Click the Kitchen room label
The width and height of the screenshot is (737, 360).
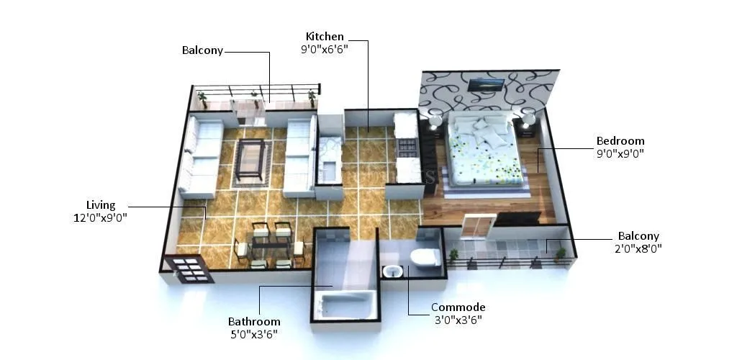(325, 37)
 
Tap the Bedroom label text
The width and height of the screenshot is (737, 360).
(620, 141)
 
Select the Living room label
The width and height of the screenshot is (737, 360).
(101, 205)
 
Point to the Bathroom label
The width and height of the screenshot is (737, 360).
(254, 322)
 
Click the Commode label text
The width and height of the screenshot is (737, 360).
(458, 307)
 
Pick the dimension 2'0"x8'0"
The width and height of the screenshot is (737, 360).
(638, 248)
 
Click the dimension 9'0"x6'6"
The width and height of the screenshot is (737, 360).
(325, 50)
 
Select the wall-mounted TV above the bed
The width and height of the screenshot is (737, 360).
(485, 85)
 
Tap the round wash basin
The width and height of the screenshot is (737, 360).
(392, 271)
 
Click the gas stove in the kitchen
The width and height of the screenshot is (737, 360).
(407, 148)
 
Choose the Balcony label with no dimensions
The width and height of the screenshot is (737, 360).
(202, 51)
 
